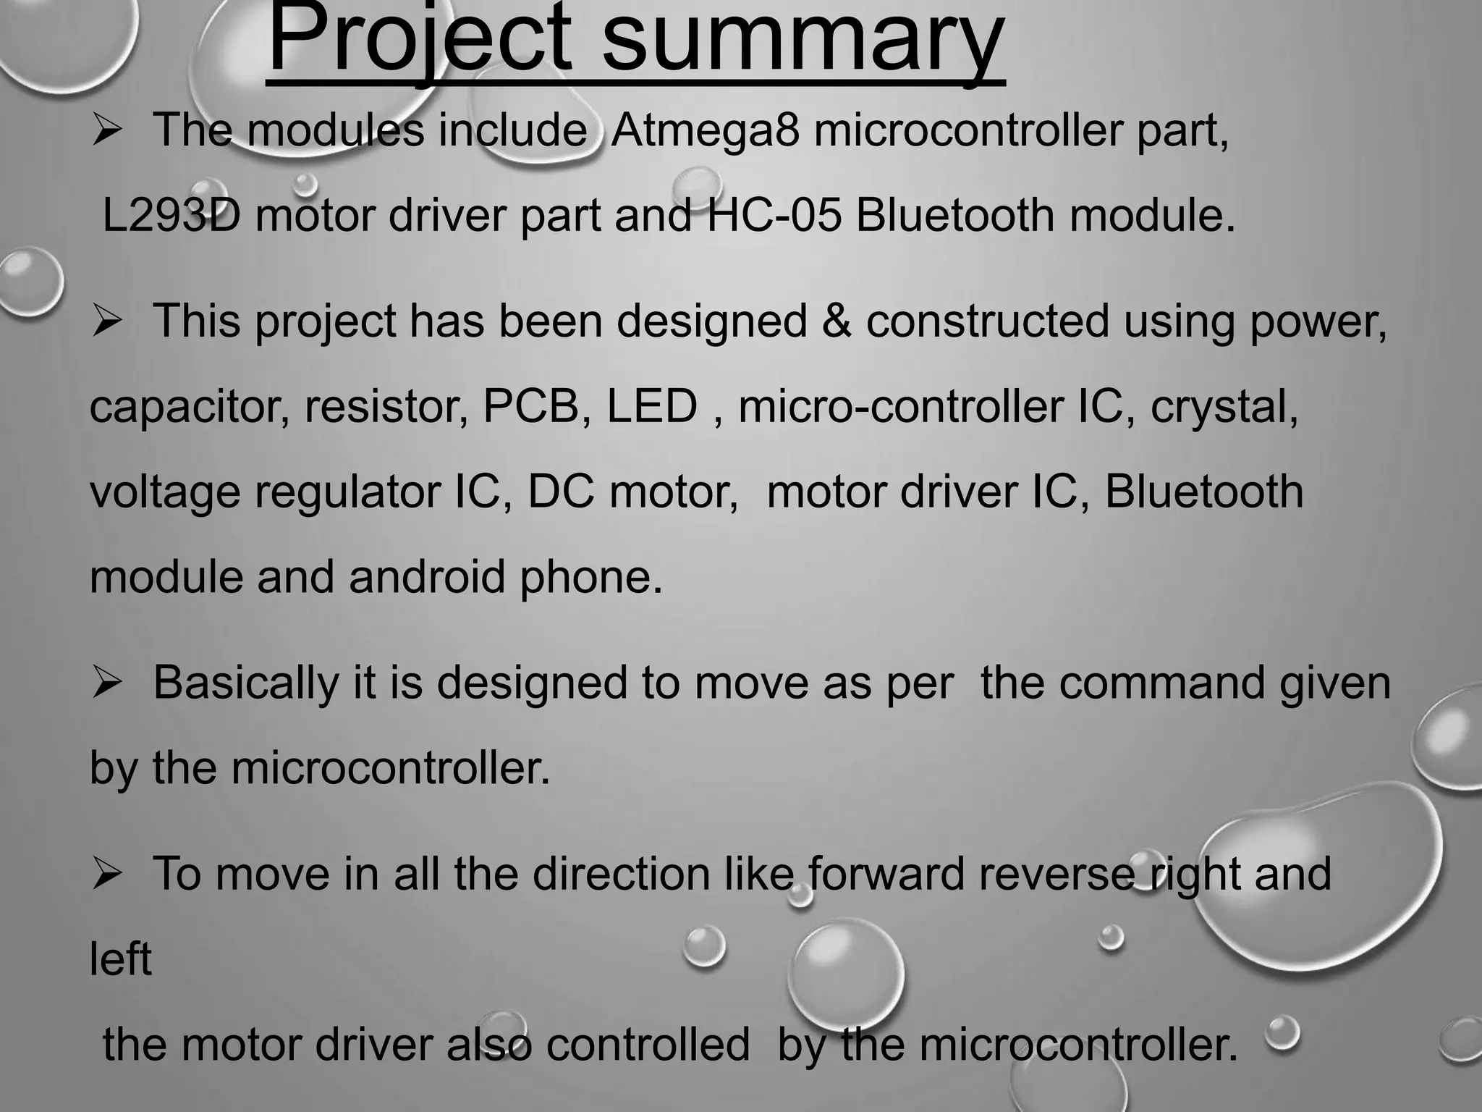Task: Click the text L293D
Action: (171, 216)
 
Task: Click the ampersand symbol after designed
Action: (836, 321)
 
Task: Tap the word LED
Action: (651, 406)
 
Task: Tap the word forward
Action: (886, 874)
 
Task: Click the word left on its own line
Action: (120, 959)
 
